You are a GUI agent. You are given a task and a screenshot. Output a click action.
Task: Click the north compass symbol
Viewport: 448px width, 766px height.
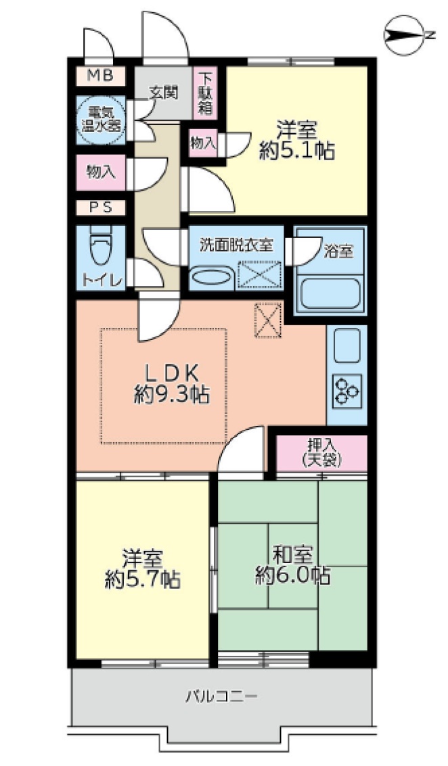point(405,35)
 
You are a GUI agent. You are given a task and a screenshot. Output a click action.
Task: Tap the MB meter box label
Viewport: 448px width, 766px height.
point(100,76)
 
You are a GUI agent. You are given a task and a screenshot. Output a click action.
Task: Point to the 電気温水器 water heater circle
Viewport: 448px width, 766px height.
point(100,120)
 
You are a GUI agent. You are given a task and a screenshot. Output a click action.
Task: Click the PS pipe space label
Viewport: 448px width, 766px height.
point(100,207)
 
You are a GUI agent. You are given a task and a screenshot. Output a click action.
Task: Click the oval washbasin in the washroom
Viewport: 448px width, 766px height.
point(212,277)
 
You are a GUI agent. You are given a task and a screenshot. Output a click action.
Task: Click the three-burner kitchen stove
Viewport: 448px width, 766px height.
point(347,391)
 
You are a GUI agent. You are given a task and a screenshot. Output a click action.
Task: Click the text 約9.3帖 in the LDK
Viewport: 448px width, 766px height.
point(172,393)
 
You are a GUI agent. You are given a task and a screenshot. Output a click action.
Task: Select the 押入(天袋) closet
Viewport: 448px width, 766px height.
point(321,454)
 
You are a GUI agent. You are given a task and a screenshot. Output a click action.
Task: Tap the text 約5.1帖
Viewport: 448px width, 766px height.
point(297,151)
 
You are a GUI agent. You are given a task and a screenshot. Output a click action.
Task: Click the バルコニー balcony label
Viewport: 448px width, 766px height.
point(221,696)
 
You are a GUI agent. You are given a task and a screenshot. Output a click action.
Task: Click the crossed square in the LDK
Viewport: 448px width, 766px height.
point(268,320)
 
